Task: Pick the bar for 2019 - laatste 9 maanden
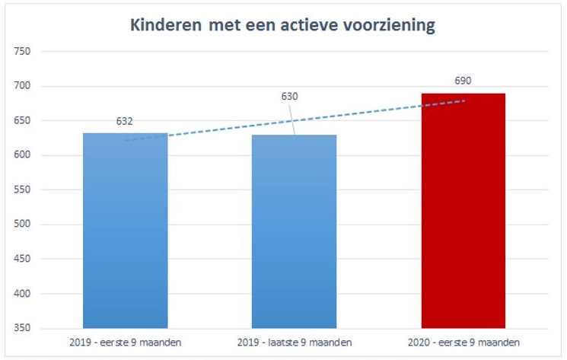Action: (294, 231)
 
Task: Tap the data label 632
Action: (125, 122)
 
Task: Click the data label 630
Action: (289, 97)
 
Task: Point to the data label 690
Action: (463, 81)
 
